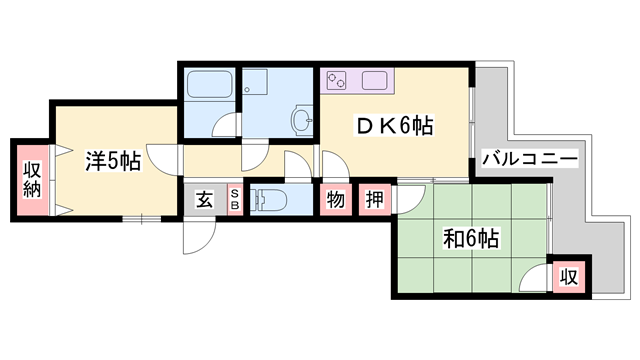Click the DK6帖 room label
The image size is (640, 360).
tap(395, 125)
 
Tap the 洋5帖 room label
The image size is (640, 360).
tap(113, 161)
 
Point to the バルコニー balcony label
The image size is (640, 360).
tap(531, 158)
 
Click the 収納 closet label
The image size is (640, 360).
tap(32, 180)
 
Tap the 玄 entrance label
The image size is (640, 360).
tap(204, 200)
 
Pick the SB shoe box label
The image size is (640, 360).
tap(235, 200)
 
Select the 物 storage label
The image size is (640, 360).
tap(336, 200)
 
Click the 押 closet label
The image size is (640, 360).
tap(374, 200)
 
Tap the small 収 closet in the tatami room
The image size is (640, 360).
tap(569, 278)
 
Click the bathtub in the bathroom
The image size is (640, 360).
tap(209, 84)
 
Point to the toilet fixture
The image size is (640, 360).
tap(268, 200)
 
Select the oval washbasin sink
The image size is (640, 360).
tap(302, 120)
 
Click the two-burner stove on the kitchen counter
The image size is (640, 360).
tap(337, 80)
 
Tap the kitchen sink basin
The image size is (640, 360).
tap(374, 80)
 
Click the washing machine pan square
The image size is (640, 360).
tap(255, 82)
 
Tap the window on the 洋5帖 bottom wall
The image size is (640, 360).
tap(142, 219)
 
